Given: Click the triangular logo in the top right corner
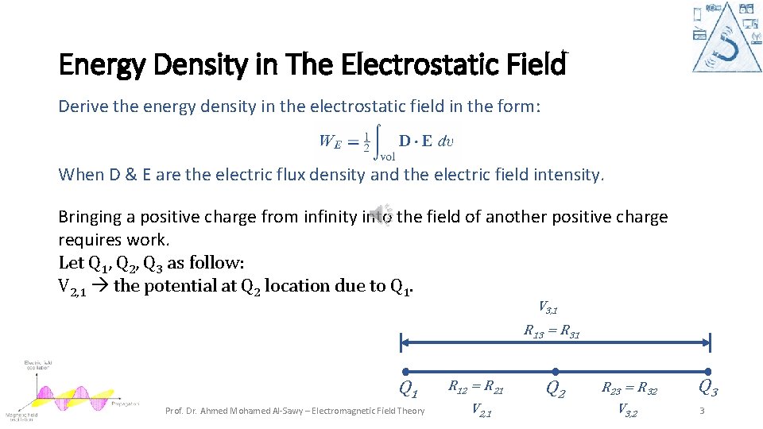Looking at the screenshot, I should (727, 37).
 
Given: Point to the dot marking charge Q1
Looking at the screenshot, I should (405, 371).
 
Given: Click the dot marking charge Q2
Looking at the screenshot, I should (556, 371).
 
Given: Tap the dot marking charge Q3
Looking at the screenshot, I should (708, 371).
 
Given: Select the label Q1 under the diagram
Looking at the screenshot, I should (409, 390).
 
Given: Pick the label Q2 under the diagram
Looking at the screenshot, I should (556, 389).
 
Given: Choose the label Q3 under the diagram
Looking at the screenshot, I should (707, 388).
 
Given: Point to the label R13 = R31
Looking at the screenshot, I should (551, 331).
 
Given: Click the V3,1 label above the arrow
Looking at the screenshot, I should (549, 307).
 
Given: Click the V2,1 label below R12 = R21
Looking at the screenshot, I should (482, 410).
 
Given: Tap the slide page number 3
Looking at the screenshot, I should (702, 411).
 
